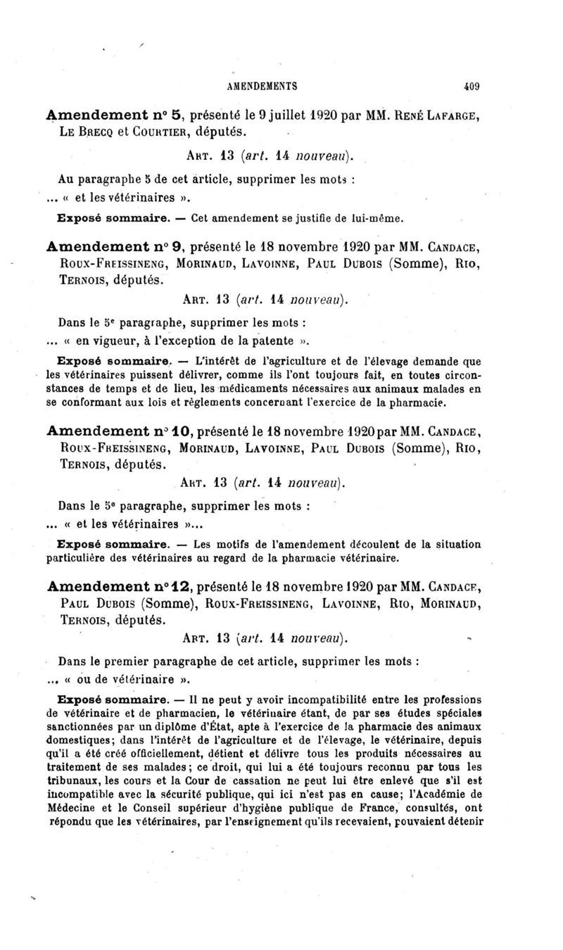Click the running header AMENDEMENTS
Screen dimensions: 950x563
pos(262,87)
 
